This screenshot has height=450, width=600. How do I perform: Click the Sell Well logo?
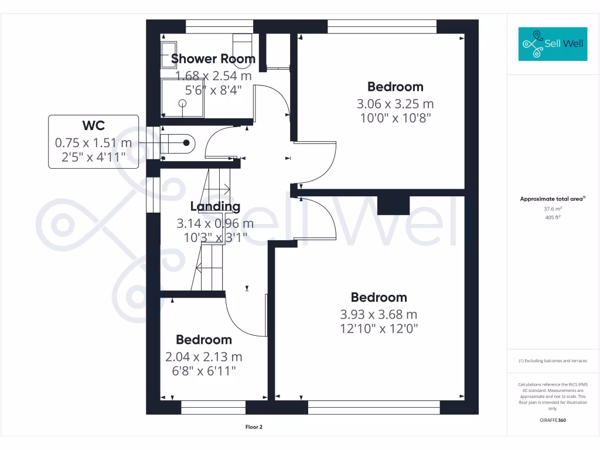pos(553,44)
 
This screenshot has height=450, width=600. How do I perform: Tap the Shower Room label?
pos(213,59)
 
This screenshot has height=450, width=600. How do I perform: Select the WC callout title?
pos(94,125)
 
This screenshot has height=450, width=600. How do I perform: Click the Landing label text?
pos(215,206)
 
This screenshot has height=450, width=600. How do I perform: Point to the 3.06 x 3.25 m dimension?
pos(395,104)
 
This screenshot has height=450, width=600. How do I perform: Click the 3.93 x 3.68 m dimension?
pos(379,315)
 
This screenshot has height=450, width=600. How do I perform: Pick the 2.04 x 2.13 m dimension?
pos(204,357)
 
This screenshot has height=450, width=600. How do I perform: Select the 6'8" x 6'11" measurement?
pos(204,370)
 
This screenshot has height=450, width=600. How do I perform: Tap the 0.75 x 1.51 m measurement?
pos(94,142)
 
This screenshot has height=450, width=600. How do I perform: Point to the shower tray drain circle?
pos(182,103)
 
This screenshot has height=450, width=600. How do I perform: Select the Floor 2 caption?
pos(254,427)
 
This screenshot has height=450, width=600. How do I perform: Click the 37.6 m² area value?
pos(553,209)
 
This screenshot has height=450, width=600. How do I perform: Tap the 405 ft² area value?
pos(553,217)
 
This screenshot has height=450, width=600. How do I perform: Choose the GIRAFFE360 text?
pos(553,420)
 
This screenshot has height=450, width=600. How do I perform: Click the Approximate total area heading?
pos(552,199)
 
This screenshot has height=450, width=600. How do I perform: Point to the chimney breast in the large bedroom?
pos(393,205)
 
